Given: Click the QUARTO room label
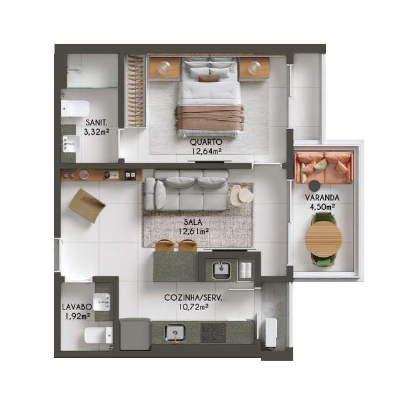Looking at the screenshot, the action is pyautogui.click(x=206, y=142).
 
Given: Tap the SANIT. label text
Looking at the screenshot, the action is pyautogui.click(x=96, y=123).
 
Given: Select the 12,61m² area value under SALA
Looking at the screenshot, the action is pyautogui.click(x=194, y=231).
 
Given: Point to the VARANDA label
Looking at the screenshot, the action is pyautogui.click(x=322, y=197).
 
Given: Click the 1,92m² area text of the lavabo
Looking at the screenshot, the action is pyautogui.click(x=78, y=316).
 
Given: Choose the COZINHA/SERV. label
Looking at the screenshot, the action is pyautogui.click(x=194, y=298).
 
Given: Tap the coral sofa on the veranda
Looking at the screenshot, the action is pyautogui.click(x=324, y=168).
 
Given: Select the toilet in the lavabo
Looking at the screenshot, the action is pyautogui.click(x=98, y=335).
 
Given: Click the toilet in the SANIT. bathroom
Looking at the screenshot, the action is pyautogui.click(x=75, y=108).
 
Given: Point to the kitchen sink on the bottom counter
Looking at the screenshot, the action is pyautogui.click(x=175, y=333).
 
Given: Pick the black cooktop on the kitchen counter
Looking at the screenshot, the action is pyautogui.click(x=213, y=333).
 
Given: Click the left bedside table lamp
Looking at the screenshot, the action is pyautogui.click(x=164, y=67).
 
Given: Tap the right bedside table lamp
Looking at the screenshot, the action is pyautogui.click(x=254, y=67).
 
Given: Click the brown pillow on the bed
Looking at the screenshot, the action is pyautogui.click(x=209, y=78).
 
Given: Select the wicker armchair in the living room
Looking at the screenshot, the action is pyautogui.click(x=88, y=206).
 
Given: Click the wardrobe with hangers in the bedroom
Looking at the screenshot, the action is pyautogui.click(x=135, y=91).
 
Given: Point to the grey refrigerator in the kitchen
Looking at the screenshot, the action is pyautogui.click(x=135, y=334).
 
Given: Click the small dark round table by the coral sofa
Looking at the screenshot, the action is pyautogui.click(x=315, y=186).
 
